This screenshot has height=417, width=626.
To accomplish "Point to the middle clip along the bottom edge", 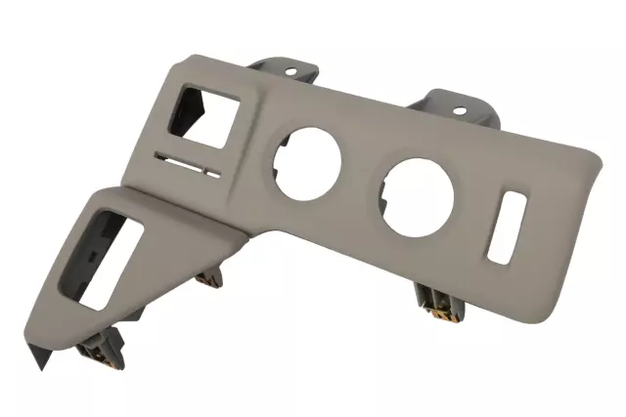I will [x=207, y=279].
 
